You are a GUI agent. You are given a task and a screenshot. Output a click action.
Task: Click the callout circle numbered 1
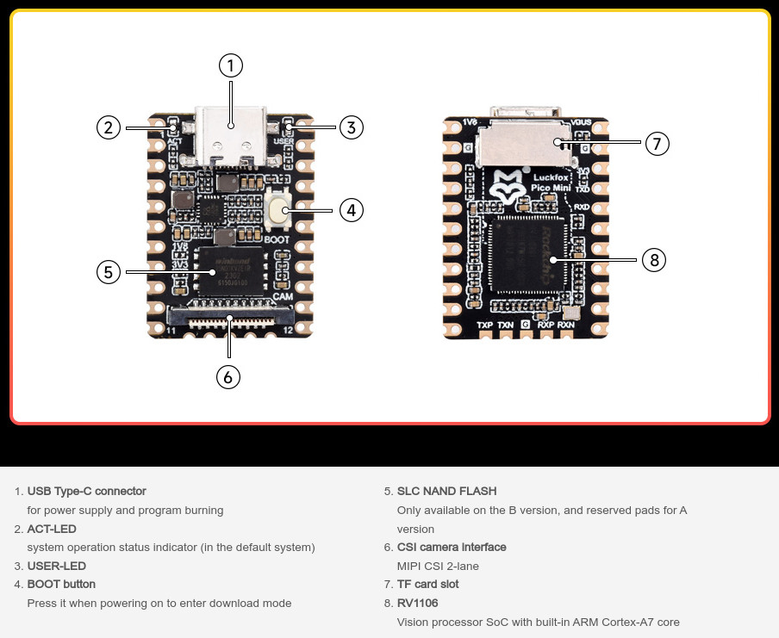[x=231, y=65]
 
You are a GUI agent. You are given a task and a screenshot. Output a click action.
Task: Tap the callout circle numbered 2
[x=108, y=128]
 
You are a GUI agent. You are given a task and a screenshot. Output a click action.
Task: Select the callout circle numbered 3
[x=351, y=127]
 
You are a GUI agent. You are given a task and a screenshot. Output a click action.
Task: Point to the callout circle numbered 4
[x=351, y=209]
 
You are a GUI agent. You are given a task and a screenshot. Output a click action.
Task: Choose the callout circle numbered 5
[x=108, y=272]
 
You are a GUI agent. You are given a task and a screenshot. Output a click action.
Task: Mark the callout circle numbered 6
[x=228, y=376]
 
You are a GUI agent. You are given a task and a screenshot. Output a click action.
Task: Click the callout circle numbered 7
[x=657, y=144]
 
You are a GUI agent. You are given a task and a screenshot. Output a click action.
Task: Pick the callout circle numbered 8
[x=654, y=260]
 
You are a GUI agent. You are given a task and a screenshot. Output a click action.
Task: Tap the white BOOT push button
[x=277, y=208]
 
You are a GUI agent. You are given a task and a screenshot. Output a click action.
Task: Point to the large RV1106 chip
[x=523, y=257]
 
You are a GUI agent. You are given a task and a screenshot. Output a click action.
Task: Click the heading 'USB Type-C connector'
[x=87, y=492]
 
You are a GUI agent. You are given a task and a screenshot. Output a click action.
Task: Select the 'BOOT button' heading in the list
[x=61, y=585]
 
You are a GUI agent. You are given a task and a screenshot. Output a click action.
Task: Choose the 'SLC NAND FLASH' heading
[x=446, y=492]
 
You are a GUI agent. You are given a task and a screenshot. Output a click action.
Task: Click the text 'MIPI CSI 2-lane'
[x=438, y=566]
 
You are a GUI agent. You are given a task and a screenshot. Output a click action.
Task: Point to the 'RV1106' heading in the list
[x=417, y=604]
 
